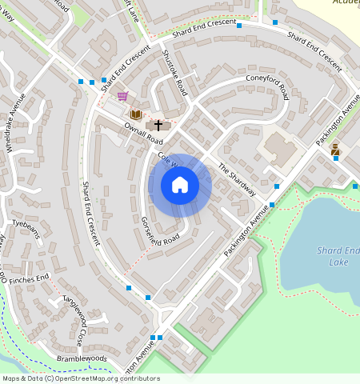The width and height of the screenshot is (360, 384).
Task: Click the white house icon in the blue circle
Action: [x=180, y=185]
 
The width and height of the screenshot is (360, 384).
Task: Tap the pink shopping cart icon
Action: [x=122, y=96]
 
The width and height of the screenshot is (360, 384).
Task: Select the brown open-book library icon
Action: [x=135, y=114]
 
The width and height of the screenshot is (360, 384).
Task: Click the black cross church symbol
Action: [x=158, y=125]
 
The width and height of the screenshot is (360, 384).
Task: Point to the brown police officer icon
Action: [x=335, y=149]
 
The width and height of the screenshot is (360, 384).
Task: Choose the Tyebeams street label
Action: [x=26, y=223]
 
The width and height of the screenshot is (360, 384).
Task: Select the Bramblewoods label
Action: [x=81, y=358]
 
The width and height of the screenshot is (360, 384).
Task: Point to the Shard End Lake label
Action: [x=339, y=256]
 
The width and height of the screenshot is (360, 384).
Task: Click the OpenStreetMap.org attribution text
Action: [x=103, y=378]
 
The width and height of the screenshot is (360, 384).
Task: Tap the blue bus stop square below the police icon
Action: [x=336, y=158]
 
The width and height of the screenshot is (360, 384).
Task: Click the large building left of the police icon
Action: [x=279, y=150]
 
